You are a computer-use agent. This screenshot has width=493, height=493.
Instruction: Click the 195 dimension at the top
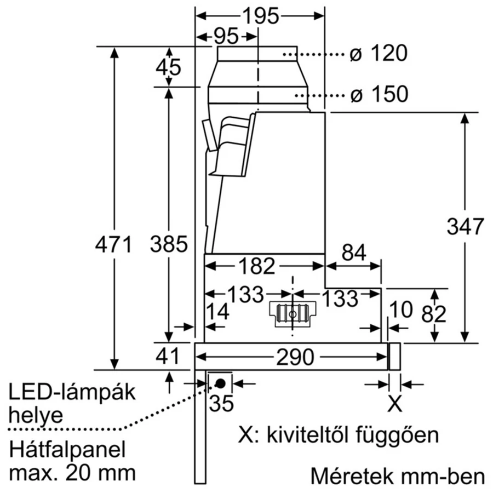(x=261, y=16)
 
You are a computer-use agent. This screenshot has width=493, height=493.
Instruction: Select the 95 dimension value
(x=226, y=36)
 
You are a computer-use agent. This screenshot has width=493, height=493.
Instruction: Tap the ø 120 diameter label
(x=379, y=53)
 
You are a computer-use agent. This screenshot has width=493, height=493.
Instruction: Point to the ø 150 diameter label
(x=379, y=94)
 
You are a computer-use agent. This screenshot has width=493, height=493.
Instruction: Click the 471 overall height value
(x=113, y=245)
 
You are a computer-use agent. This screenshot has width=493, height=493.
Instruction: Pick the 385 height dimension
(x=169, y=244)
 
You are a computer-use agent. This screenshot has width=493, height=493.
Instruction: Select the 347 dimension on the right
(x=465, y=226)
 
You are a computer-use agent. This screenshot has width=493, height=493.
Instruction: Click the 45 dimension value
(x=169, y=67)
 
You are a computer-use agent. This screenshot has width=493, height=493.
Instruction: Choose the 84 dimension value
(x=354, y=252)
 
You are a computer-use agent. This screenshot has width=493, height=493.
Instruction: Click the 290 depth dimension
(x=295, y=357)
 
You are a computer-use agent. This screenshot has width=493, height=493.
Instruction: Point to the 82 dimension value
(x=434, y=314)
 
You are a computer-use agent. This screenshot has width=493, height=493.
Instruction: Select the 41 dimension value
(x=167, y=356)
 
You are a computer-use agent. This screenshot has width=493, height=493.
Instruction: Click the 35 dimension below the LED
(x=221, y=403)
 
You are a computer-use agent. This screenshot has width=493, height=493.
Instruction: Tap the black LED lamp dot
(x=220, y=383)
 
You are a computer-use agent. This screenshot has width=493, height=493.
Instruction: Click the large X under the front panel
(x=395, y=404)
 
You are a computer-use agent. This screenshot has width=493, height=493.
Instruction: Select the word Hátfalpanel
(x=67, y=450)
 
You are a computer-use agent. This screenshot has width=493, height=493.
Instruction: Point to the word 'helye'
(x=36, y=416)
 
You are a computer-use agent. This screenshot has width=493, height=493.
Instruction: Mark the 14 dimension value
(x=217, y=312)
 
